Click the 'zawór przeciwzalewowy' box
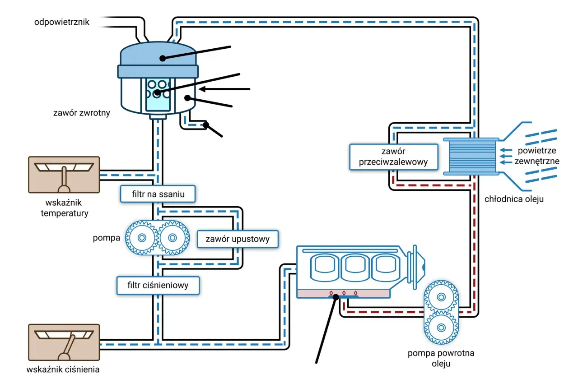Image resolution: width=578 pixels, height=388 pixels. click(x=394, y=157)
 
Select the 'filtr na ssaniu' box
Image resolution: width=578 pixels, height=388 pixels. click(x=158, y=194)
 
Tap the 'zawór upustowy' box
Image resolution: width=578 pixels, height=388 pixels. click(x=238, y=239)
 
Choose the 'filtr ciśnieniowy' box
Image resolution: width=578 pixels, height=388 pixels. click(x=158, y=286)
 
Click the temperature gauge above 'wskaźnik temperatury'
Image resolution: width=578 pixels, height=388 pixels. click(x=64, y=175)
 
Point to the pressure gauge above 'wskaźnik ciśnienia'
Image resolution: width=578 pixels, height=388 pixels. click(x=64, y=342)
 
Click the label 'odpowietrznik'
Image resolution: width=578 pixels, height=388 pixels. click(x=62, y=22)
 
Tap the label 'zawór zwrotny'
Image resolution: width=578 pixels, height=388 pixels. click(x=82, y=113)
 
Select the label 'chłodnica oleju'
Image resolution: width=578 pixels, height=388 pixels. click(x=514, y=199)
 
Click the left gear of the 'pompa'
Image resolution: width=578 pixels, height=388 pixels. click(x=142, y=238)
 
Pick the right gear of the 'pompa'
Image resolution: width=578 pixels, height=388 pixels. click(x=172, y=238)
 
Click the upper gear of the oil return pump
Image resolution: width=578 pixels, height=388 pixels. click(x=441, y=297)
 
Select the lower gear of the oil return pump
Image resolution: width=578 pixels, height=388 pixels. click(x=441, y=328)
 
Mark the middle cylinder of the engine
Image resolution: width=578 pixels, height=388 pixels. click(x=355, y=268)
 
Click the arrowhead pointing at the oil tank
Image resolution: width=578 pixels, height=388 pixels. click(x=202, y=89)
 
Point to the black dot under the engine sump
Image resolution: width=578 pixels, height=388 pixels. click(x=336, y=297)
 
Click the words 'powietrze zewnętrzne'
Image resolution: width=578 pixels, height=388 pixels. click(x=537, y=156)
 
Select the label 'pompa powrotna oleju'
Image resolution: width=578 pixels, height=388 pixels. click(x=441, y=358)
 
